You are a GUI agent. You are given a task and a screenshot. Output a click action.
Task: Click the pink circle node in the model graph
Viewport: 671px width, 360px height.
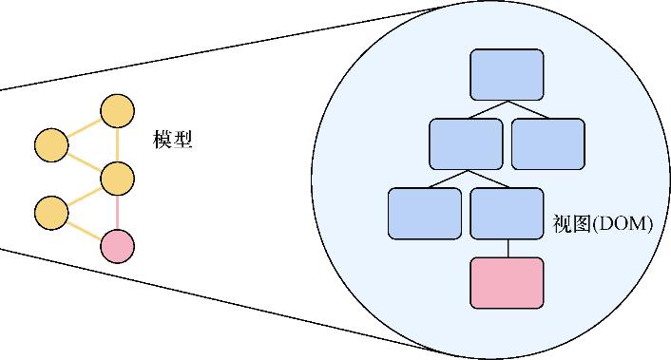click(118, 246)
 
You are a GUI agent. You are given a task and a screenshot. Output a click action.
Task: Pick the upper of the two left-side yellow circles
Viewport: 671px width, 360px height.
click(50, 145)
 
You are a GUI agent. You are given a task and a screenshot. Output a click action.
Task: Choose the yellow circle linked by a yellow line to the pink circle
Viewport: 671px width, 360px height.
click(50, 213)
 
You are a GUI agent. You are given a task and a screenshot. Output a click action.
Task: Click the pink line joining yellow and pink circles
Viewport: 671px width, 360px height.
click(118, 212)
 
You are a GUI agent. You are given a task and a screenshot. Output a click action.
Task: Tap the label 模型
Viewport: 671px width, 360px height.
click(173, 140)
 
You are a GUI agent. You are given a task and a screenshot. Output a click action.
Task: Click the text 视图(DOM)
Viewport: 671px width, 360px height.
click(602, 225)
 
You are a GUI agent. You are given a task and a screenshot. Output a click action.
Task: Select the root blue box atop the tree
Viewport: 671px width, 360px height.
click(508, 74)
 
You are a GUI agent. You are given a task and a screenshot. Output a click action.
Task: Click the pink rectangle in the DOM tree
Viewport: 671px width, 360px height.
click(508, 282)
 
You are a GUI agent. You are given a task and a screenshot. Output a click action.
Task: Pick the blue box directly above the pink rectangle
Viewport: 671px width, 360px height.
click(508, 213)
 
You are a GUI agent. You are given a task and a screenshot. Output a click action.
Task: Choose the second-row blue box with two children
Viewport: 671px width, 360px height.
click(466, 142)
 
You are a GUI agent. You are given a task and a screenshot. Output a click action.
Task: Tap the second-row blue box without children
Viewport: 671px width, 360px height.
click(548, 142)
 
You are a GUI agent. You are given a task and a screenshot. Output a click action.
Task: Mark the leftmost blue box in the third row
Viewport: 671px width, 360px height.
click(425, 213)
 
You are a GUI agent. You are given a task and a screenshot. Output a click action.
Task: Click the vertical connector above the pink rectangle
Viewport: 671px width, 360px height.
click(508, 247)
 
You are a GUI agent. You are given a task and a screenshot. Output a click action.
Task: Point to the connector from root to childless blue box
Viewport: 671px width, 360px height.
click(528, 108)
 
